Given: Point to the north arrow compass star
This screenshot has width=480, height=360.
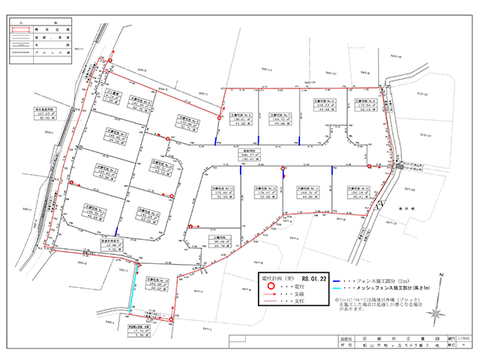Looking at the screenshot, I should (379, 202).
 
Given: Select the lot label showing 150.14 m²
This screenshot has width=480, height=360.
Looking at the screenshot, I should (359, 191).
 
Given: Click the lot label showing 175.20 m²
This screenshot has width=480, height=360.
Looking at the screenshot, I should (224, 192).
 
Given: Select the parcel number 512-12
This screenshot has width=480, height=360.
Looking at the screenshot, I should (421, 95).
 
